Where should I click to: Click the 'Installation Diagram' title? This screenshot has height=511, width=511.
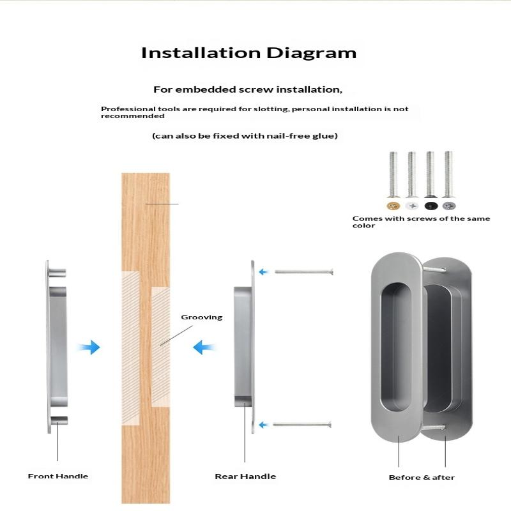(x=248, y=53)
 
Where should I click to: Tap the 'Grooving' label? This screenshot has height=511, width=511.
(x=202, y=317)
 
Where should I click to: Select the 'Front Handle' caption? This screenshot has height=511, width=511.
(x=58, y=476)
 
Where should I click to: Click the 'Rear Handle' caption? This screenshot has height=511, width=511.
(x=245, y=477)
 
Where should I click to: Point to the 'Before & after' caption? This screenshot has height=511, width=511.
(x=422, y=477)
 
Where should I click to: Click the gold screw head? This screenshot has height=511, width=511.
(x=393, y=206)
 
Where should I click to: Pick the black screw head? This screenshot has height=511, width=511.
(x=431, y=206)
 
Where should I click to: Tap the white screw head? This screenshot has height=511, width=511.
(x=412, y=206)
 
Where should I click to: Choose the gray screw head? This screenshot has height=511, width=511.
(x=449, y=206)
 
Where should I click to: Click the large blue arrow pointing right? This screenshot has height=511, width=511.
(x=89, y=347)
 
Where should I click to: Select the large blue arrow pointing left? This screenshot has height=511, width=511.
(x=204, y=347)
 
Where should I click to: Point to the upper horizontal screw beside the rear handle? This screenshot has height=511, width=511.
(x=304, y=272)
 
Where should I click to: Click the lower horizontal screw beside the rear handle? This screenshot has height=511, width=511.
(x=302, y=424)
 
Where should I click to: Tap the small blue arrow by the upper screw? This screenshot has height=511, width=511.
(x=263, y=272)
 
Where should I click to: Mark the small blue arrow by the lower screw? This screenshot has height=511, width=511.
(x=263, y=425)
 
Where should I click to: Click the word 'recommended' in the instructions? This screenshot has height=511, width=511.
(x=133, y=116)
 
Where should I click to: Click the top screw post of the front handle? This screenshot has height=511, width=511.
(x=57, y=273)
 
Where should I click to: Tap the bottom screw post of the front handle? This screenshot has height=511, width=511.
(x=59, y=420)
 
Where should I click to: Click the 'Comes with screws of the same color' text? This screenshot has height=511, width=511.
(x=421, y=222)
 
